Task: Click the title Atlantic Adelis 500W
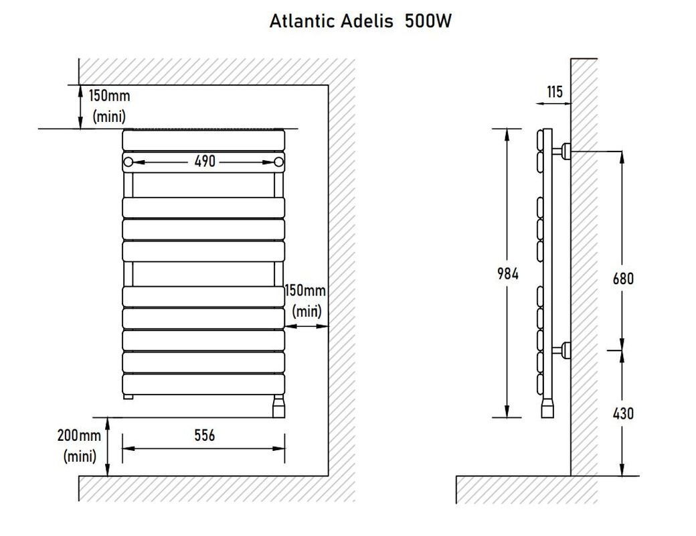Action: pyautogui.click(x=361, y=21)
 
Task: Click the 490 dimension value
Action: pyautogui.click(x=204, y=161)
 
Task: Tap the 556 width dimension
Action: pyautogui.click(x=204, y=435)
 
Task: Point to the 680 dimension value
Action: pyautogui.click(x=623, y=278)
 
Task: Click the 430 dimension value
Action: pyautogui.click(x=623, y=413)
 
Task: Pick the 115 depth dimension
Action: pyautogui.click(x=555, y=92)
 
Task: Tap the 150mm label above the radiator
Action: pyautogui.click(x=110, y=96)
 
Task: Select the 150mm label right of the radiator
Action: pyautogui.click(x=306, y=291)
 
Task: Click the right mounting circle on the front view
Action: pyautogui.click(x=279, y=161)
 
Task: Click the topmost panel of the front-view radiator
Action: pyautogui.click(x=204, y=140)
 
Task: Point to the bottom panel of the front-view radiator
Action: pyautogui.click(x=204, y=384)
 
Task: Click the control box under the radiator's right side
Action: pyautogui.click(x=278, y=406)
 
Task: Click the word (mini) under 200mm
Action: pyautogui.click(x=80, y=457)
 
